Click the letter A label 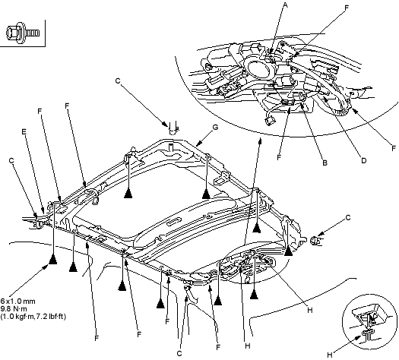click(x=286, y=5)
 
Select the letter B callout click(x=325, y=163)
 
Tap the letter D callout click(x=363, y=161)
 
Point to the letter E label click(x=24, y=131)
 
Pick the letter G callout click(x=215, y=127)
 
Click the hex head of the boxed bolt click(x=11, y=33)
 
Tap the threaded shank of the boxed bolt click(x=33, y=33)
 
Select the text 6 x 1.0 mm click(x=17, y=302)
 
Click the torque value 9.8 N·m click(x=13, y=309)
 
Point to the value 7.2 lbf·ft click(x=52, y=317)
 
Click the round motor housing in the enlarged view click(x=261, y=68)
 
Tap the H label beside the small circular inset click(x=330, y=355)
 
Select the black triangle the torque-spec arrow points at click(x=52, y=260)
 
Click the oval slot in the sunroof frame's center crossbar click(x=175, y=221)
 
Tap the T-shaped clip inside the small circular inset click(x=367, y=334)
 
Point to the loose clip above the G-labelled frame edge click(x=173, y=128)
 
